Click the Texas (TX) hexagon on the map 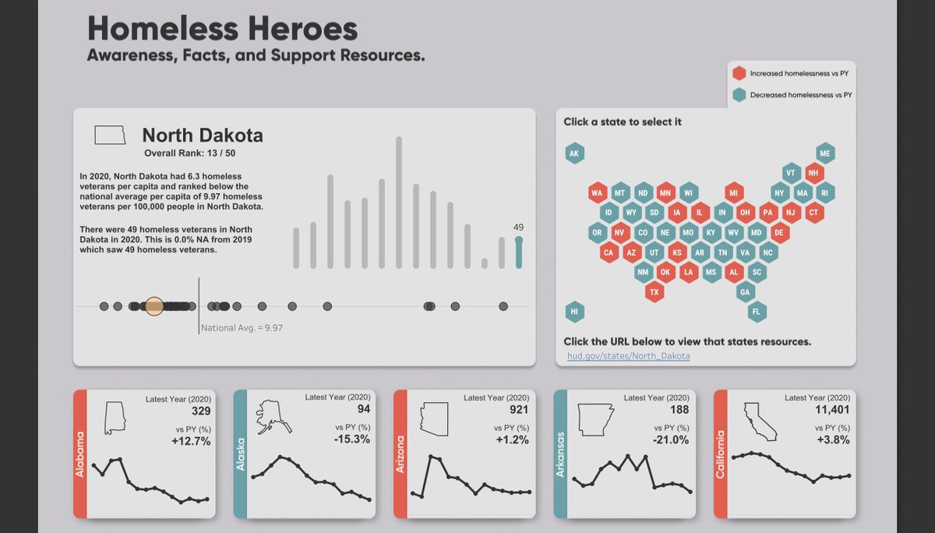click(x=654, y=292)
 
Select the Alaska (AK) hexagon click(x=574, y=154)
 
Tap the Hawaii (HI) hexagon click(x=574, y=312)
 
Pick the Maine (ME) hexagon click(x=825, y=154)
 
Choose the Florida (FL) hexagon click(x=756, y=312)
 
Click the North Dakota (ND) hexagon click(x=643, y=192)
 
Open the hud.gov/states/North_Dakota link click(x=628, y=356)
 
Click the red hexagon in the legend click(x=739, y=73)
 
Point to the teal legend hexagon click(x=739, y=95)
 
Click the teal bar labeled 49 click(x=519, y=253)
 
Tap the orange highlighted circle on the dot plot click(x=154, y=306)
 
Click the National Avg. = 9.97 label click(x=242, y=328)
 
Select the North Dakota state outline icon click(x=110, y=135)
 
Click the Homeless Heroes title click(x=223, y=29)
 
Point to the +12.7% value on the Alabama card click(x=190, y=441)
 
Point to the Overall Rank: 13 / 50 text click(x=190, y=154)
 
